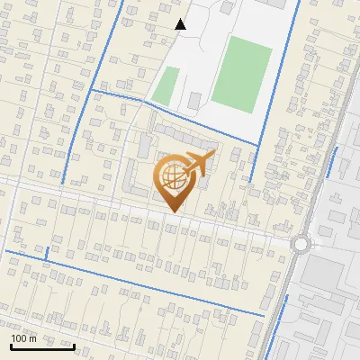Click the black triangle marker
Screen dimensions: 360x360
click(181, 24)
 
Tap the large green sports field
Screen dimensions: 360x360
click(242, 75)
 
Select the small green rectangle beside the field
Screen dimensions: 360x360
click(166, 85)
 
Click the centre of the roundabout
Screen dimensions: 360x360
click(301, 243)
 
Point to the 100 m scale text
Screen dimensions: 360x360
click(23, 338)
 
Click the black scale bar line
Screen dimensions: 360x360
click(42, 346)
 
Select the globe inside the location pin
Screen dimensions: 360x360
click(171, 176)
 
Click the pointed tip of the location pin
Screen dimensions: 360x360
click(171, 212)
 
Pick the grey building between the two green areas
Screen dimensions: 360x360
click(195, 100)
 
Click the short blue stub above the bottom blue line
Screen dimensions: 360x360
click(45, 253)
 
